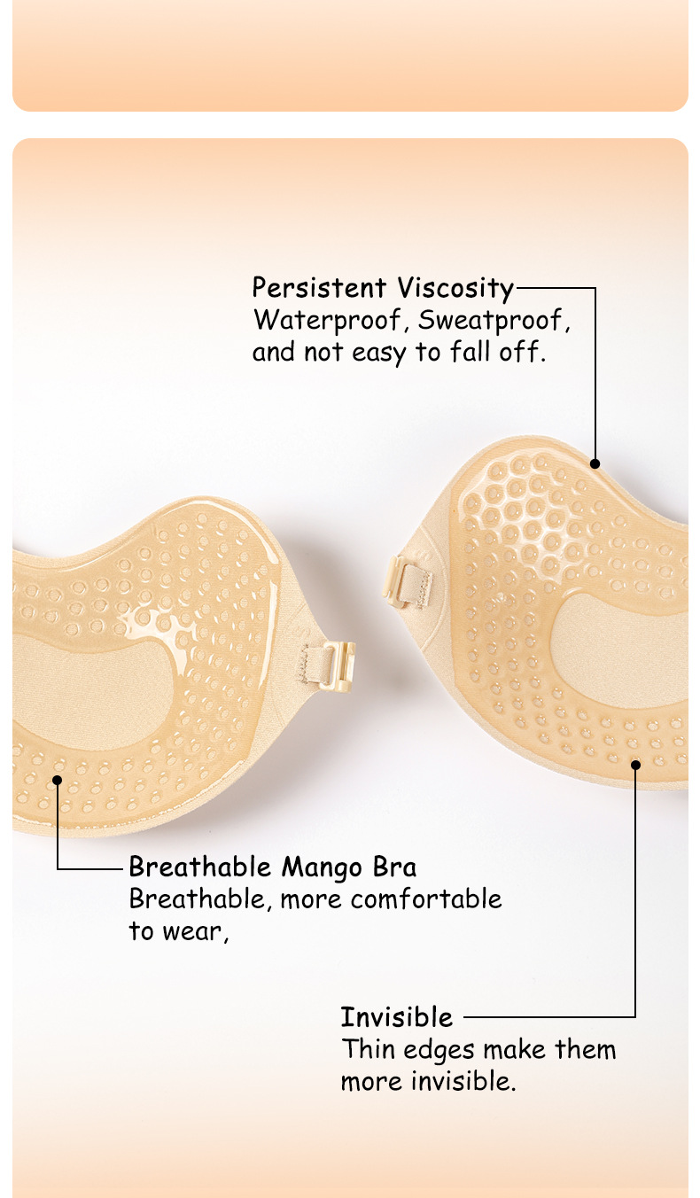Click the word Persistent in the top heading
[319, 288]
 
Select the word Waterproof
[327, 321]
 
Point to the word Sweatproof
[490, 321]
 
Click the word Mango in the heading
[322, 867]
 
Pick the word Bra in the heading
[394, 867]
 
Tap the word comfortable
[426, 898]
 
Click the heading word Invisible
[397, 1016]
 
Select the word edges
[439, 1050]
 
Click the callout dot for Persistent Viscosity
[595, 463]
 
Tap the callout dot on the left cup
[58, 781]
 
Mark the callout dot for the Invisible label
[635, 765]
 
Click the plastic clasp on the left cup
[342, 666]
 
